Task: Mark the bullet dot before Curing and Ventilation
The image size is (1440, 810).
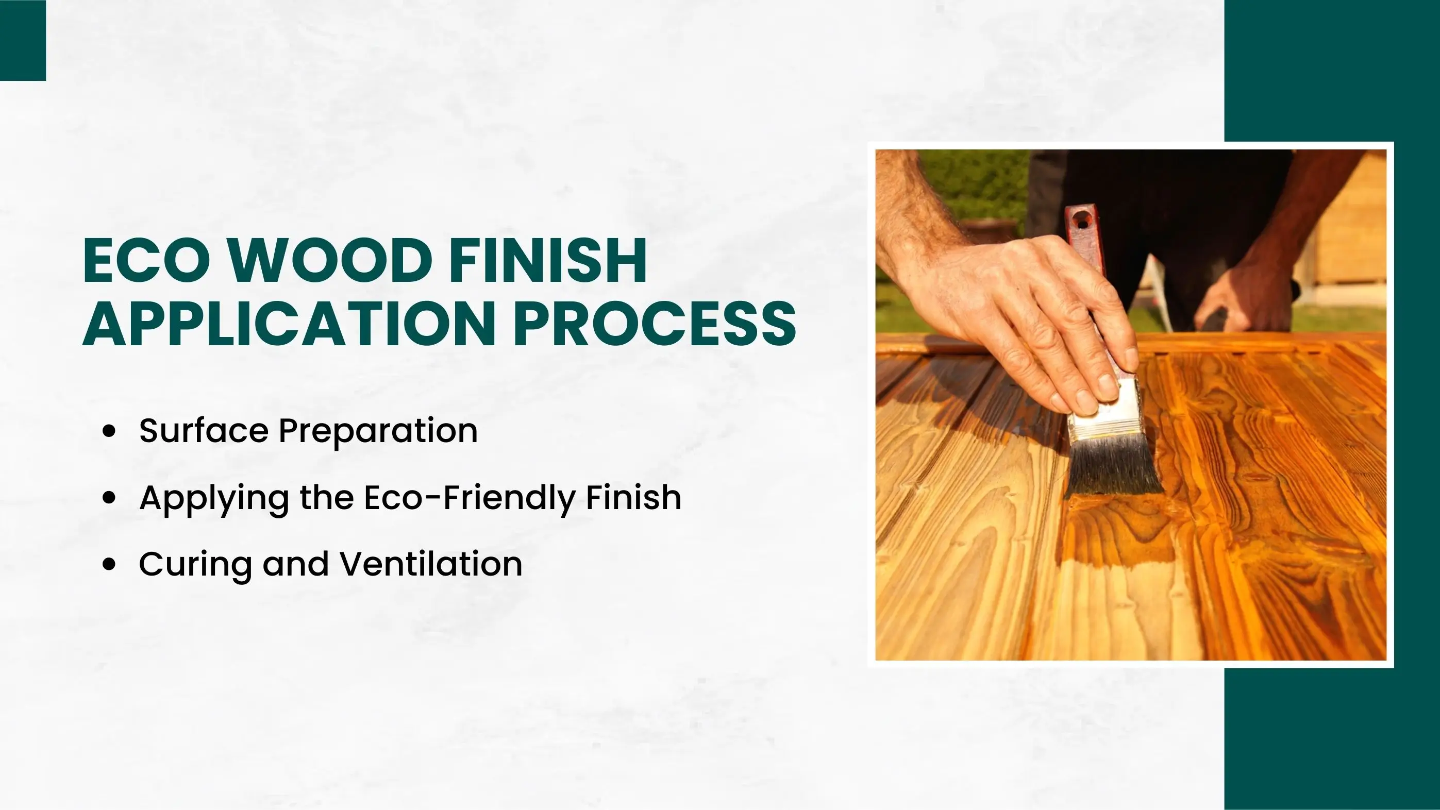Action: pos(110,564)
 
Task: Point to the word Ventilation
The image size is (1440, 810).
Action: pos(431,564)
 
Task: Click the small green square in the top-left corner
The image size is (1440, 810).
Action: pos(23,40)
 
